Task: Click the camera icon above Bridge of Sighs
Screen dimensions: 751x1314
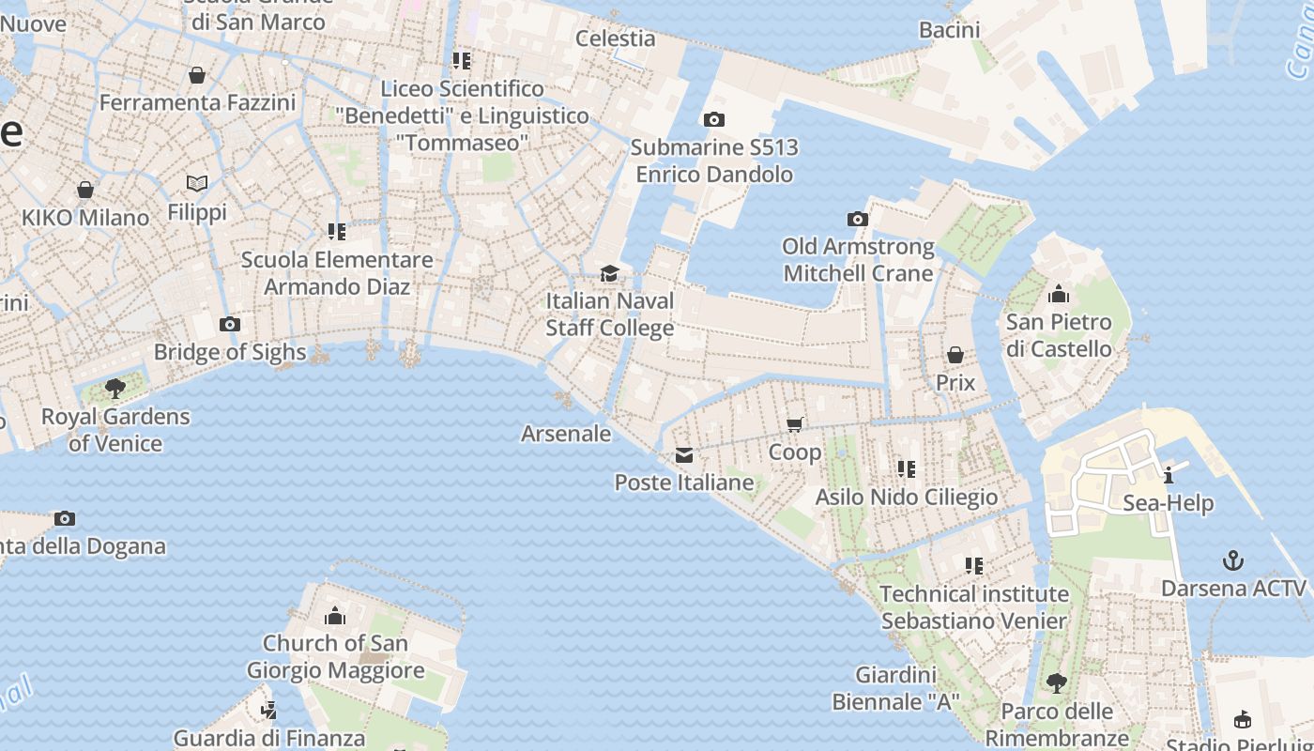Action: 229,325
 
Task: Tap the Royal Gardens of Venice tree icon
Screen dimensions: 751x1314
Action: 115,389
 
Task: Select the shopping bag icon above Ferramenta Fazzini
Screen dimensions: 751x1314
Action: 197,75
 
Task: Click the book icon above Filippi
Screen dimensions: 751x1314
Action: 197,184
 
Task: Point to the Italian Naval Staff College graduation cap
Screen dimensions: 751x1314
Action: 610,274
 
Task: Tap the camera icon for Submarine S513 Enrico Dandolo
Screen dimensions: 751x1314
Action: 714,120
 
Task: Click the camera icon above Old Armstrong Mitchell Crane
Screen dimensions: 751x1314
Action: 858,220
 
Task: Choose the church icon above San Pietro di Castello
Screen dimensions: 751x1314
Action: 1059,295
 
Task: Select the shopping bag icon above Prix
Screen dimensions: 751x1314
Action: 955,355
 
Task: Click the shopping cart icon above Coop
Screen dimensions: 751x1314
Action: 795,424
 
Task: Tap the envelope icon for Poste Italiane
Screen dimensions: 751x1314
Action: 684,455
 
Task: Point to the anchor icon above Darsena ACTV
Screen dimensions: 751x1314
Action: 1233,561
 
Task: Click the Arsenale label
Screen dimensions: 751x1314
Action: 566,434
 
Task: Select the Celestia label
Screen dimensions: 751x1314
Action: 615,38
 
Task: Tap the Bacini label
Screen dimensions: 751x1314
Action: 949,30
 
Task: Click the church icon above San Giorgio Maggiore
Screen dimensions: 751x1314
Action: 335,616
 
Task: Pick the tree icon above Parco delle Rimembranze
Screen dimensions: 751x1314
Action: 1057,683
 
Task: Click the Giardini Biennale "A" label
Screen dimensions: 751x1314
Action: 896,688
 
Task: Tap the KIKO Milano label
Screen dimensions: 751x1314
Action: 85,218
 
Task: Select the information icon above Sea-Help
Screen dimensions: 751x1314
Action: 1169,475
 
